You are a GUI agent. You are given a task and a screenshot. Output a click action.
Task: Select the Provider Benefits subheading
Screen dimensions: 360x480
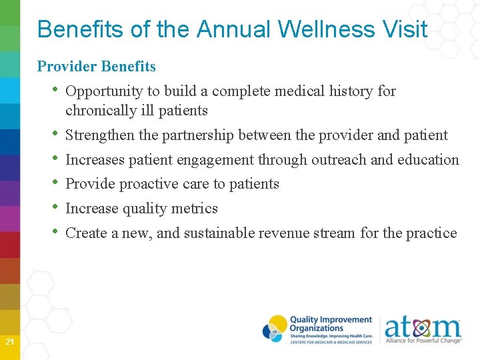(x=97, y=66)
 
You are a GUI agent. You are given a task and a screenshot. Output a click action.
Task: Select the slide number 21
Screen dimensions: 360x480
(x=10, y=342)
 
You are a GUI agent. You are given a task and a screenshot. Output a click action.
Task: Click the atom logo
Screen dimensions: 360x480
(x=423, y=329)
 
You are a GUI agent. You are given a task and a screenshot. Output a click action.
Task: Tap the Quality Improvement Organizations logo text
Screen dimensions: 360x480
(x=330, y=324)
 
